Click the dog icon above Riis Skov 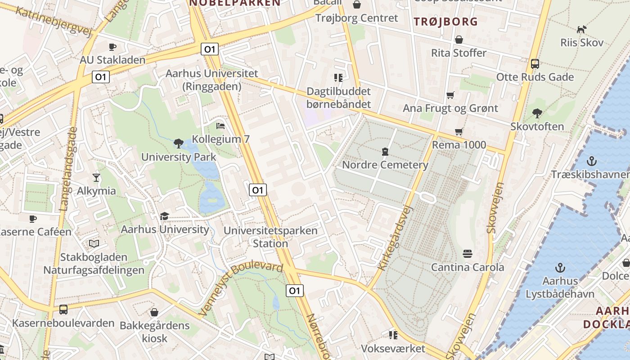click(x=581, y=29)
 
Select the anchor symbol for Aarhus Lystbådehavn click(x=560, y=268)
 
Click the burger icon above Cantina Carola click(x=468, y=254)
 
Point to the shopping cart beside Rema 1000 click(x=459, y=132)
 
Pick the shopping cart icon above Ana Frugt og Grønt click(x=450, y=95)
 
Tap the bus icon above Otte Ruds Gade click(x=535, y=64)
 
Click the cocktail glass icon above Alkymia click(x=96, y=177)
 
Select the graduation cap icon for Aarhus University click(x=164, y=216)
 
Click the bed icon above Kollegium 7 click(x=220, y=126)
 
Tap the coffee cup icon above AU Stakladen click(x=112, y=47)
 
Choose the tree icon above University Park click(x=179, y=144)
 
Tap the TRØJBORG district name click(x=445, y=21)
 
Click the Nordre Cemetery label click(x=385, y=165)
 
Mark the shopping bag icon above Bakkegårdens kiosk click(x=154, y=312)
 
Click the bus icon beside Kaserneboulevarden click(x=63, y=310)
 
